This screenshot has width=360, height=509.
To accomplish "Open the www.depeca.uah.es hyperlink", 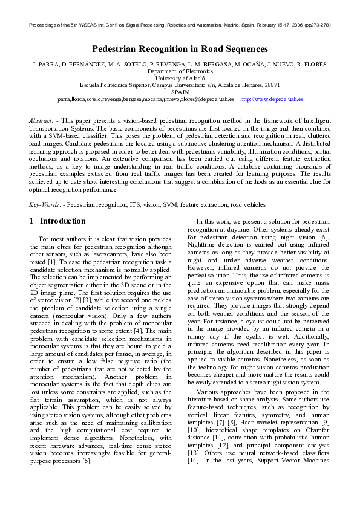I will coord(272,99).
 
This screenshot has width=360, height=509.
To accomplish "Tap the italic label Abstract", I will coord(41,121).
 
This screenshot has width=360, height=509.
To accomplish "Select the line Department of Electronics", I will coord(180,71).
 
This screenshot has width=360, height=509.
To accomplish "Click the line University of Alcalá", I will coord(180,78).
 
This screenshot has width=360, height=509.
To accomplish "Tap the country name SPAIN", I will coord(180,92).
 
